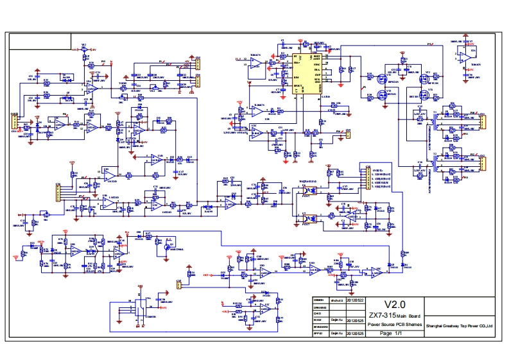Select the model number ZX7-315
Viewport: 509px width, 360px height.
pyautogui.click(x=381, y=316)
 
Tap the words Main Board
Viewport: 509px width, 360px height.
pyautogui.click(x=408, y=317)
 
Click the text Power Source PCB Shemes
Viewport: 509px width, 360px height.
pyautogui.click(x=394, y=325)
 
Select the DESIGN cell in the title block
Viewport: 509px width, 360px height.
pyautogui.click(x=320, y=300)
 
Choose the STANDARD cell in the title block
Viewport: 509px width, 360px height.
pyautogui.click(x=320, y=327)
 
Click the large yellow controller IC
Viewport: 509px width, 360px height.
pyautogui.click(x=307, y=74)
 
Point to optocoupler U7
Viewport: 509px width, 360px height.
pyautogui.click(x=306, y=218)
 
